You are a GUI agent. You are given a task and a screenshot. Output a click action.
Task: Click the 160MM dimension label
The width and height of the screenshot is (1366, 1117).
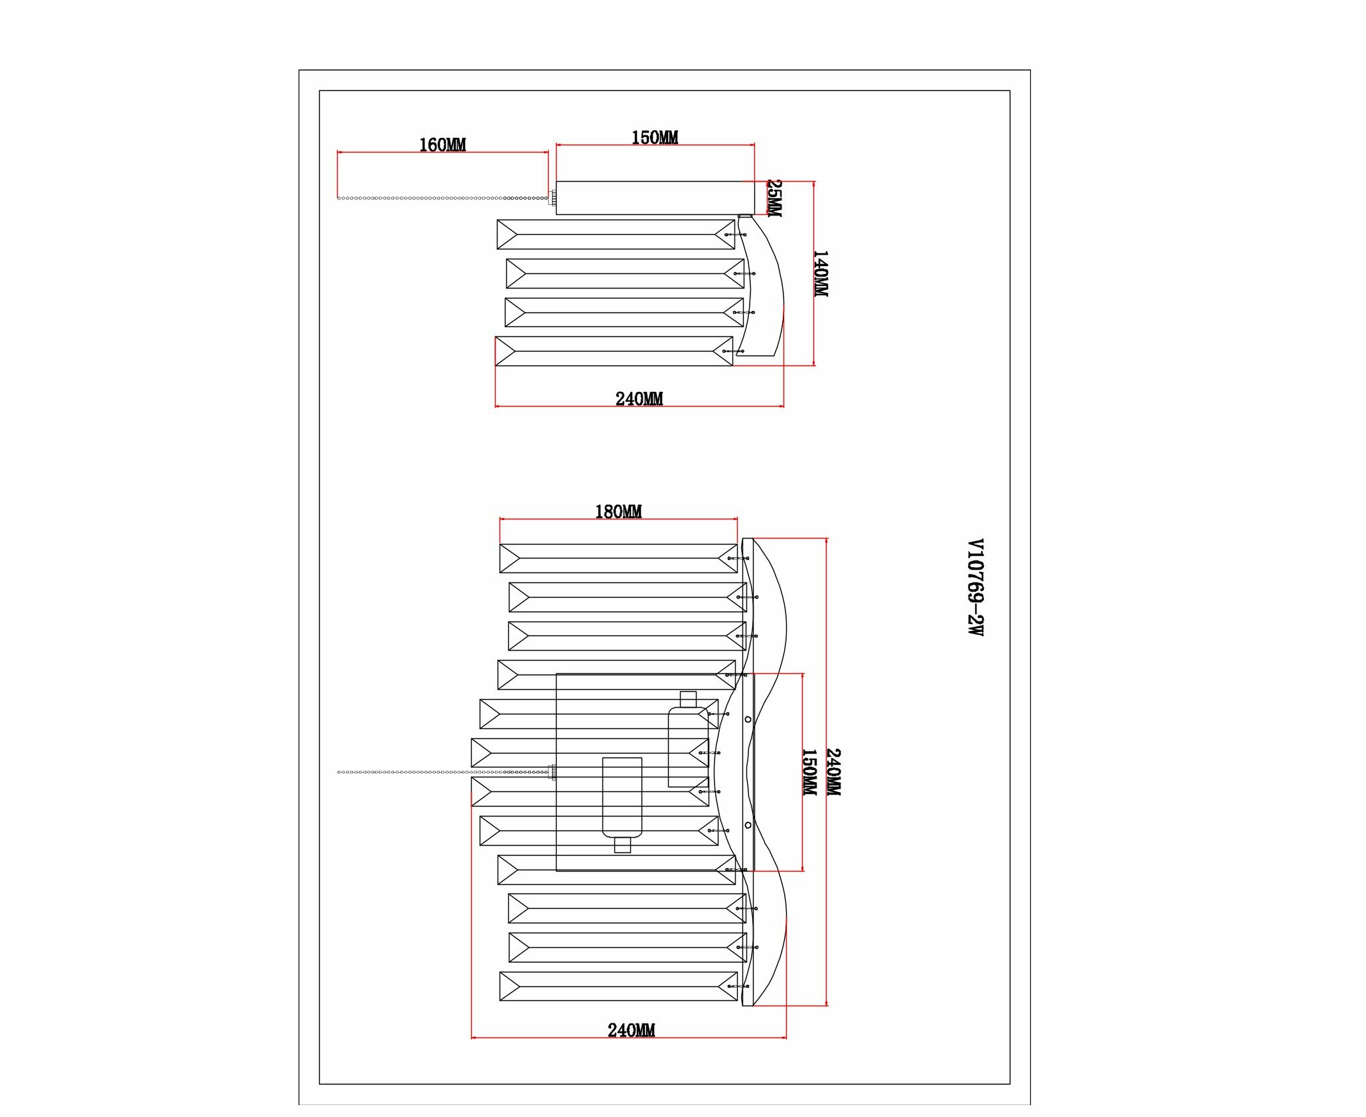(443, 145)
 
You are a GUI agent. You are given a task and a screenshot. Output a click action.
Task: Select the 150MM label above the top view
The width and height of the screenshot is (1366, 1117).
(655, 137)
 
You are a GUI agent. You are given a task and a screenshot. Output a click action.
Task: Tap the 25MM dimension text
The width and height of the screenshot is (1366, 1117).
(774, 198)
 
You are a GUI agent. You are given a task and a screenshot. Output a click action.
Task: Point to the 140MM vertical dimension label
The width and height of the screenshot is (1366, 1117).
(821, 273)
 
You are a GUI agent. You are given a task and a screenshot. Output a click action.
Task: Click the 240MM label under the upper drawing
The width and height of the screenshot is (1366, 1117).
(639, 399)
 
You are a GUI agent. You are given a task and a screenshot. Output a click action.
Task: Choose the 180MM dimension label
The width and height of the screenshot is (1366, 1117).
(618, 511)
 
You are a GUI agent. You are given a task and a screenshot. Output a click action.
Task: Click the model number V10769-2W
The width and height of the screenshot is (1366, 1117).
(975, 587)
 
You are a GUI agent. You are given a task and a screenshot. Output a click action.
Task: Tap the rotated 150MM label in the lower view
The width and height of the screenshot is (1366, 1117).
(809, 772)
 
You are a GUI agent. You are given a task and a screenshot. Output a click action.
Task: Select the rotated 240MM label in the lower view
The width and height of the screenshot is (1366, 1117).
(833, 772)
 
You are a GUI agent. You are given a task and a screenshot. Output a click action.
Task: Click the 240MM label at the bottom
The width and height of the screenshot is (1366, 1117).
(631, 1030)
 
